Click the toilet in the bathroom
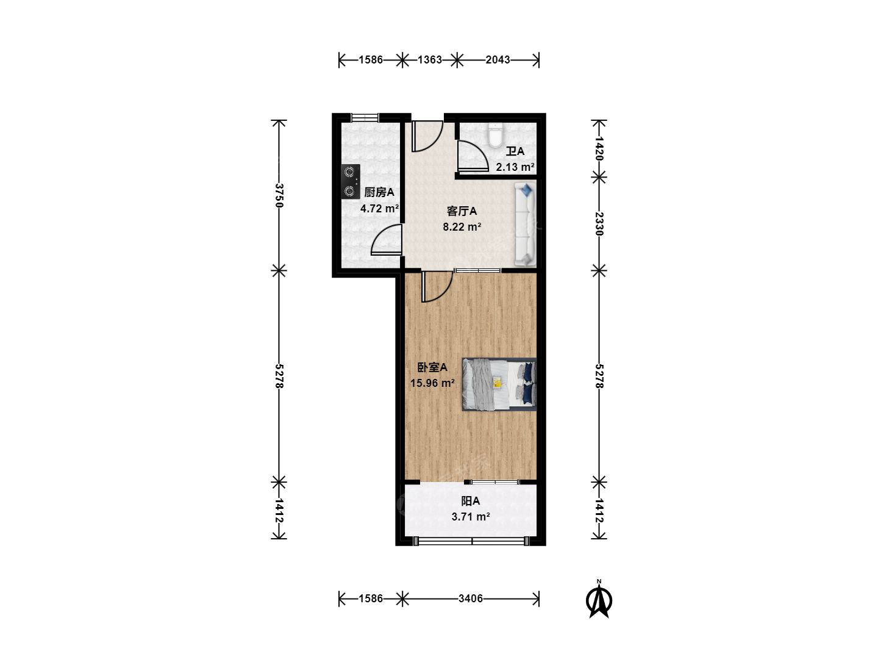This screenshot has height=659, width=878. click(x=495, y=135)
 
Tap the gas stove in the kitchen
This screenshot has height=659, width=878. click(x=351, y=182)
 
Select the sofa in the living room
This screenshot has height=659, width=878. click(x=525, y=225)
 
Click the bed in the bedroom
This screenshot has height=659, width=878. click(x=499, y=384)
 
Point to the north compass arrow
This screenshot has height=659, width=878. click(x=599, y=600)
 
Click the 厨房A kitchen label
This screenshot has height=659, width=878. click(x=379, y=192)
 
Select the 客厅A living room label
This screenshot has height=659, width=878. click(x=462, y=211)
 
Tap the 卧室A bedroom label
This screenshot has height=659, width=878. click(x=432, y=367)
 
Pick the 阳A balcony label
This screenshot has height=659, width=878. click(x=470, y=500)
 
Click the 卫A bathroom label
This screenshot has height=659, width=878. click(x=515, y=151)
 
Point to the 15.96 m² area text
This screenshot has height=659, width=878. click(x=432, y=383)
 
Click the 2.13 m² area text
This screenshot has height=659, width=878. click(x=515, y=167)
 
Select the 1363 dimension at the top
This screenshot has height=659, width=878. click(x=430, y=60)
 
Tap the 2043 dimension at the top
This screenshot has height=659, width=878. click(x=498, y=60)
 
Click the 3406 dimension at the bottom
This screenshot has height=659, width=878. click(x=470, y=599)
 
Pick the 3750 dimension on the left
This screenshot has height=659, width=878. click(x=279, y=196)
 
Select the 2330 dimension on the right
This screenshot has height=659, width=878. click(x=599, y=224)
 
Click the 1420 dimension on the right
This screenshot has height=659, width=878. click(x=599, y=148)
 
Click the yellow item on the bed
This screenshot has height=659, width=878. click(x=497, y=383)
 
